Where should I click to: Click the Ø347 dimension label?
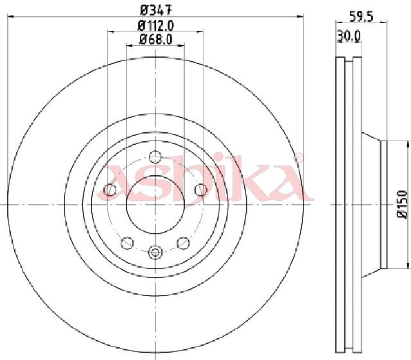point(155,10)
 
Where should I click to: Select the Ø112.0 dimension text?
point(155,25)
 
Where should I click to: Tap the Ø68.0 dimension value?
point(155,39)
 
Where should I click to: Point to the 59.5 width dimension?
point(361,17)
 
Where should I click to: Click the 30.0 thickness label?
point(349,36)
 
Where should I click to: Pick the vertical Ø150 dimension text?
point(403,204)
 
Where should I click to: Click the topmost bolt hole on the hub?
point(155,157)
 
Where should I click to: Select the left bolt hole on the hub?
point(110,190)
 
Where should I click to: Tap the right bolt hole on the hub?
point(201,190)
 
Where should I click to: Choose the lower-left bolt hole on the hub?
point(127,243)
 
